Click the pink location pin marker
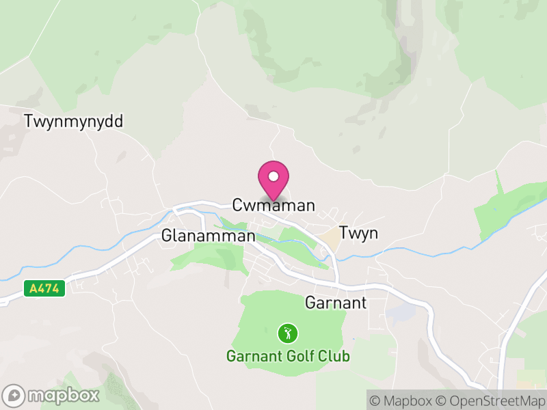[273, 180]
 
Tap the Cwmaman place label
[273, 205]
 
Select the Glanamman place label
[208, 236]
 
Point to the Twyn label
[358, 234]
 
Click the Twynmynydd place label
[73, 122]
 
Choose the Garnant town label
[336, 303]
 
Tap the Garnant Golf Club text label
[289, 356]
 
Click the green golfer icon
[287, 333]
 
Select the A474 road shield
[45, 289]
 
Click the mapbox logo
[51, 395]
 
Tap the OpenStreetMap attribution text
[494, 400]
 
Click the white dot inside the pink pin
[273, 176]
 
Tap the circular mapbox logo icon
[14, 396]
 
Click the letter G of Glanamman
[167, 236]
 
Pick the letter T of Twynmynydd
[28, 122]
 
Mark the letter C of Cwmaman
[238, 205]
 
